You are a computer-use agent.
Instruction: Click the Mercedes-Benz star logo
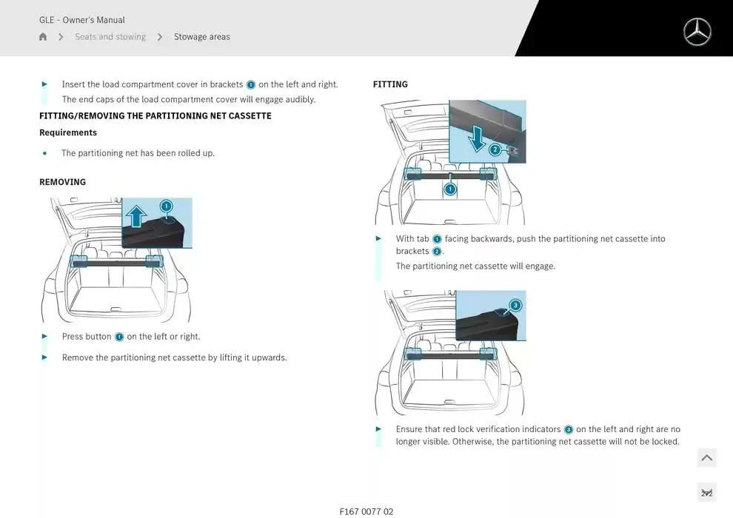point(697,32)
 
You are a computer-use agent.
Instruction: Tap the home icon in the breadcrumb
point(43,36)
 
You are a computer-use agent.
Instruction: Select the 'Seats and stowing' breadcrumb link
point(110,36)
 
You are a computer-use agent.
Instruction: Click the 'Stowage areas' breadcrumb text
point(202,36)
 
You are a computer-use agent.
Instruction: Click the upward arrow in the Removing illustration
point(136,216)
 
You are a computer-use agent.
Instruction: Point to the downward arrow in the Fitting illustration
point(476,139)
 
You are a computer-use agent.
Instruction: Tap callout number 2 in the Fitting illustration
point(495,149)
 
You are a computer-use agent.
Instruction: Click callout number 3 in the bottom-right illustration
point(515,305)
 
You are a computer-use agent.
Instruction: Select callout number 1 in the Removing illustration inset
point(166,206)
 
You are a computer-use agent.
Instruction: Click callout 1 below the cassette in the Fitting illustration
point(450,189)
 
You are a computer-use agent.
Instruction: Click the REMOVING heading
point(63,182)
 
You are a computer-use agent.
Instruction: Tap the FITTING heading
point(390,84)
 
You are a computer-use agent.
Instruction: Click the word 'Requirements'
point(68,132)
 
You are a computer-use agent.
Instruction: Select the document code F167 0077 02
point(366,511)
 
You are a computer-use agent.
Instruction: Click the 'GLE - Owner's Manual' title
point(81,20)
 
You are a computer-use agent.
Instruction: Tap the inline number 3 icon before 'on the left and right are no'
point(569,430)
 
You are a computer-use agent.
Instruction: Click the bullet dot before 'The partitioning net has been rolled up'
point(45,153)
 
